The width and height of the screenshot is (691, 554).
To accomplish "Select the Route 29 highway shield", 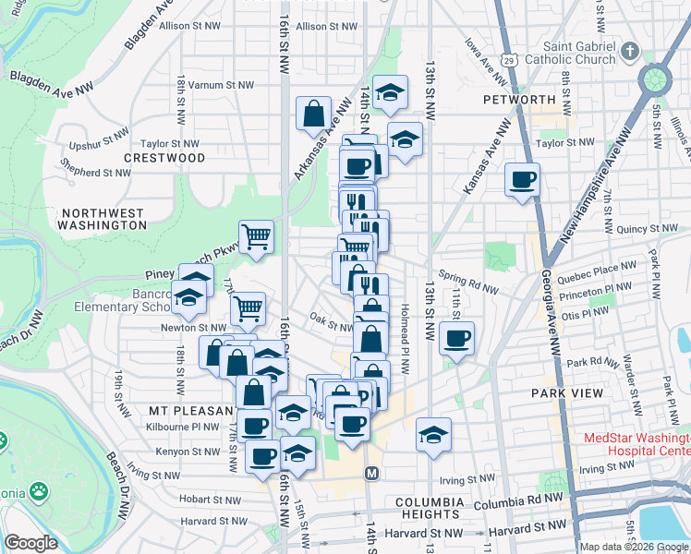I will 507,58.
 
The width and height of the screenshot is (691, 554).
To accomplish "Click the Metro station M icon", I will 372,474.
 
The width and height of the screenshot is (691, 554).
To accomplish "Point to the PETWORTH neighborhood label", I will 518,99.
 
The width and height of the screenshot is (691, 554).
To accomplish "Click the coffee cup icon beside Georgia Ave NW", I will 522,179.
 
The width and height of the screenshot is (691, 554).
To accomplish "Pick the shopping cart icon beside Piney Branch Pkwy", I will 256,235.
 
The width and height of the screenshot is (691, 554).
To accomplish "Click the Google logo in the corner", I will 30,543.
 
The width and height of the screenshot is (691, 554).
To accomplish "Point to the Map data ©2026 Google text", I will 633,547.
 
